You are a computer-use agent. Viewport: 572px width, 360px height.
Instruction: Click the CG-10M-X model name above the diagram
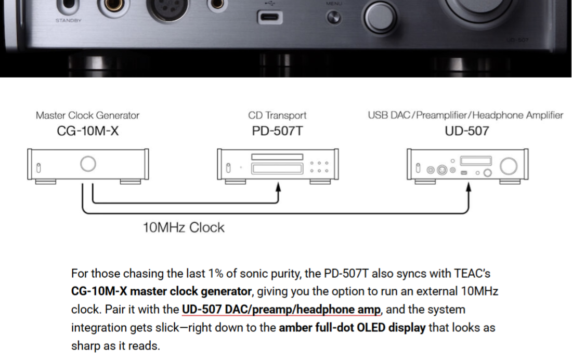tap(87, 131)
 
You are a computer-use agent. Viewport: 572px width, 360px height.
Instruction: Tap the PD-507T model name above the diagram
tap(277, 131)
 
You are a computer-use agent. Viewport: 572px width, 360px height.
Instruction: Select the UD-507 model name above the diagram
tap(466, 131)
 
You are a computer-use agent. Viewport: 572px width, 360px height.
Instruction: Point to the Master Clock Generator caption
tap(87, 115)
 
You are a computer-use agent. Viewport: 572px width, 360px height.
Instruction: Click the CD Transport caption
tap(277, 115)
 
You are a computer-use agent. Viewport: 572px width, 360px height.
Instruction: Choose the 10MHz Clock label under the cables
tap(184, 227)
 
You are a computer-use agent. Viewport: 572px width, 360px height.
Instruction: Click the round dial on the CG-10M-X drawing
tap(88, 164)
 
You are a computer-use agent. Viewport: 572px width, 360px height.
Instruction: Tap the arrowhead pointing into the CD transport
tap(278, 187)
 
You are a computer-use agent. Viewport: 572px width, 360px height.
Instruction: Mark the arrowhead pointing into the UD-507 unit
tap(469, 187)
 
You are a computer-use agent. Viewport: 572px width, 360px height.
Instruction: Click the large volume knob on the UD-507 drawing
tap(509, 166)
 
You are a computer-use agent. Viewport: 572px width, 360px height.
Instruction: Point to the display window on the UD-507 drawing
tap(476, 161)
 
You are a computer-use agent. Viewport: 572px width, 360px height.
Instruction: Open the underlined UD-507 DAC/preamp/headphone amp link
tap(281, 310)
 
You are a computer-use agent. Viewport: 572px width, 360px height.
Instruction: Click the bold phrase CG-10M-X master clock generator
tap(161, 291)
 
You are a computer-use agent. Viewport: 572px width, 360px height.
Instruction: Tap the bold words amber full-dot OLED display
tap(352, 328)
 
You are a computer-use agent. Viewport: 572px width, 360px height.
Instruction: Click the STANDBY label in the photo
tap(68, 20)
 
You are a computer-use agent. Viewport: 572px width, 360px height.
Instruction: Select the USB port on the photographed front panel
tap(270, 17)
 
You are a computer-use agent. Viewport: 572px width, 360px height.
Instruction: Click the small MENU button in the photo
tap(333, 18)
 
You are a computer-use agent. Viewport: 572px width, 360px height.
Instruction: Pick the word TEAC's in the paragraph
tap(472, 274)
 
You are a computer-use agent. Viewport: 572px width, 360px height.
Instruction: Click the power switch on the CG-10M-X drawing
tap(38, 168)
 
